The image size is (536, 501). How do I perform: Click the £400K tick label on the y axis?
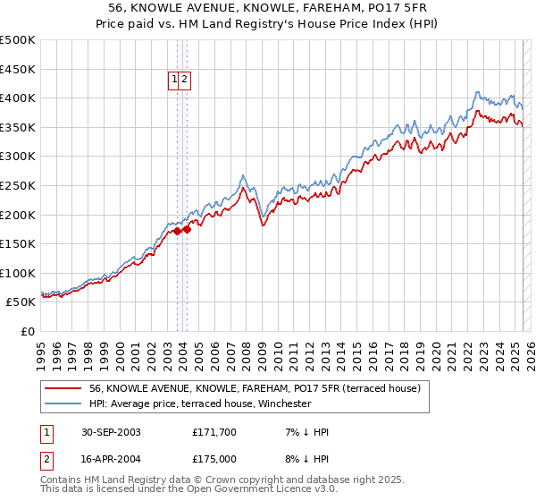click(x=18, y=98)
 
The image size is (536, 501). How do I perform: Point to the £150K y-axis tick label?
click(x=18, y=243)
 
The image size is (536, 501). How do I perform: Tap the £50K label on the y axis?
click(x=21, y=302)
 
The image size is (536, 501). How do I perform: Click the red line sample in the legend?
click(x=63, y=388)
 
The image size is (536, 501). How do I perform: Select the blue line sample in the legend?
click(x=63, y=403)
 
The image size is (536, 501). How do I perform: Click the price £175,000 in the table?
click(x=214, y=459)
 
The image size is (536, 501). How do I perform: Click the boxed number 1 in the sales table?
click(x=46, y=432)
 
